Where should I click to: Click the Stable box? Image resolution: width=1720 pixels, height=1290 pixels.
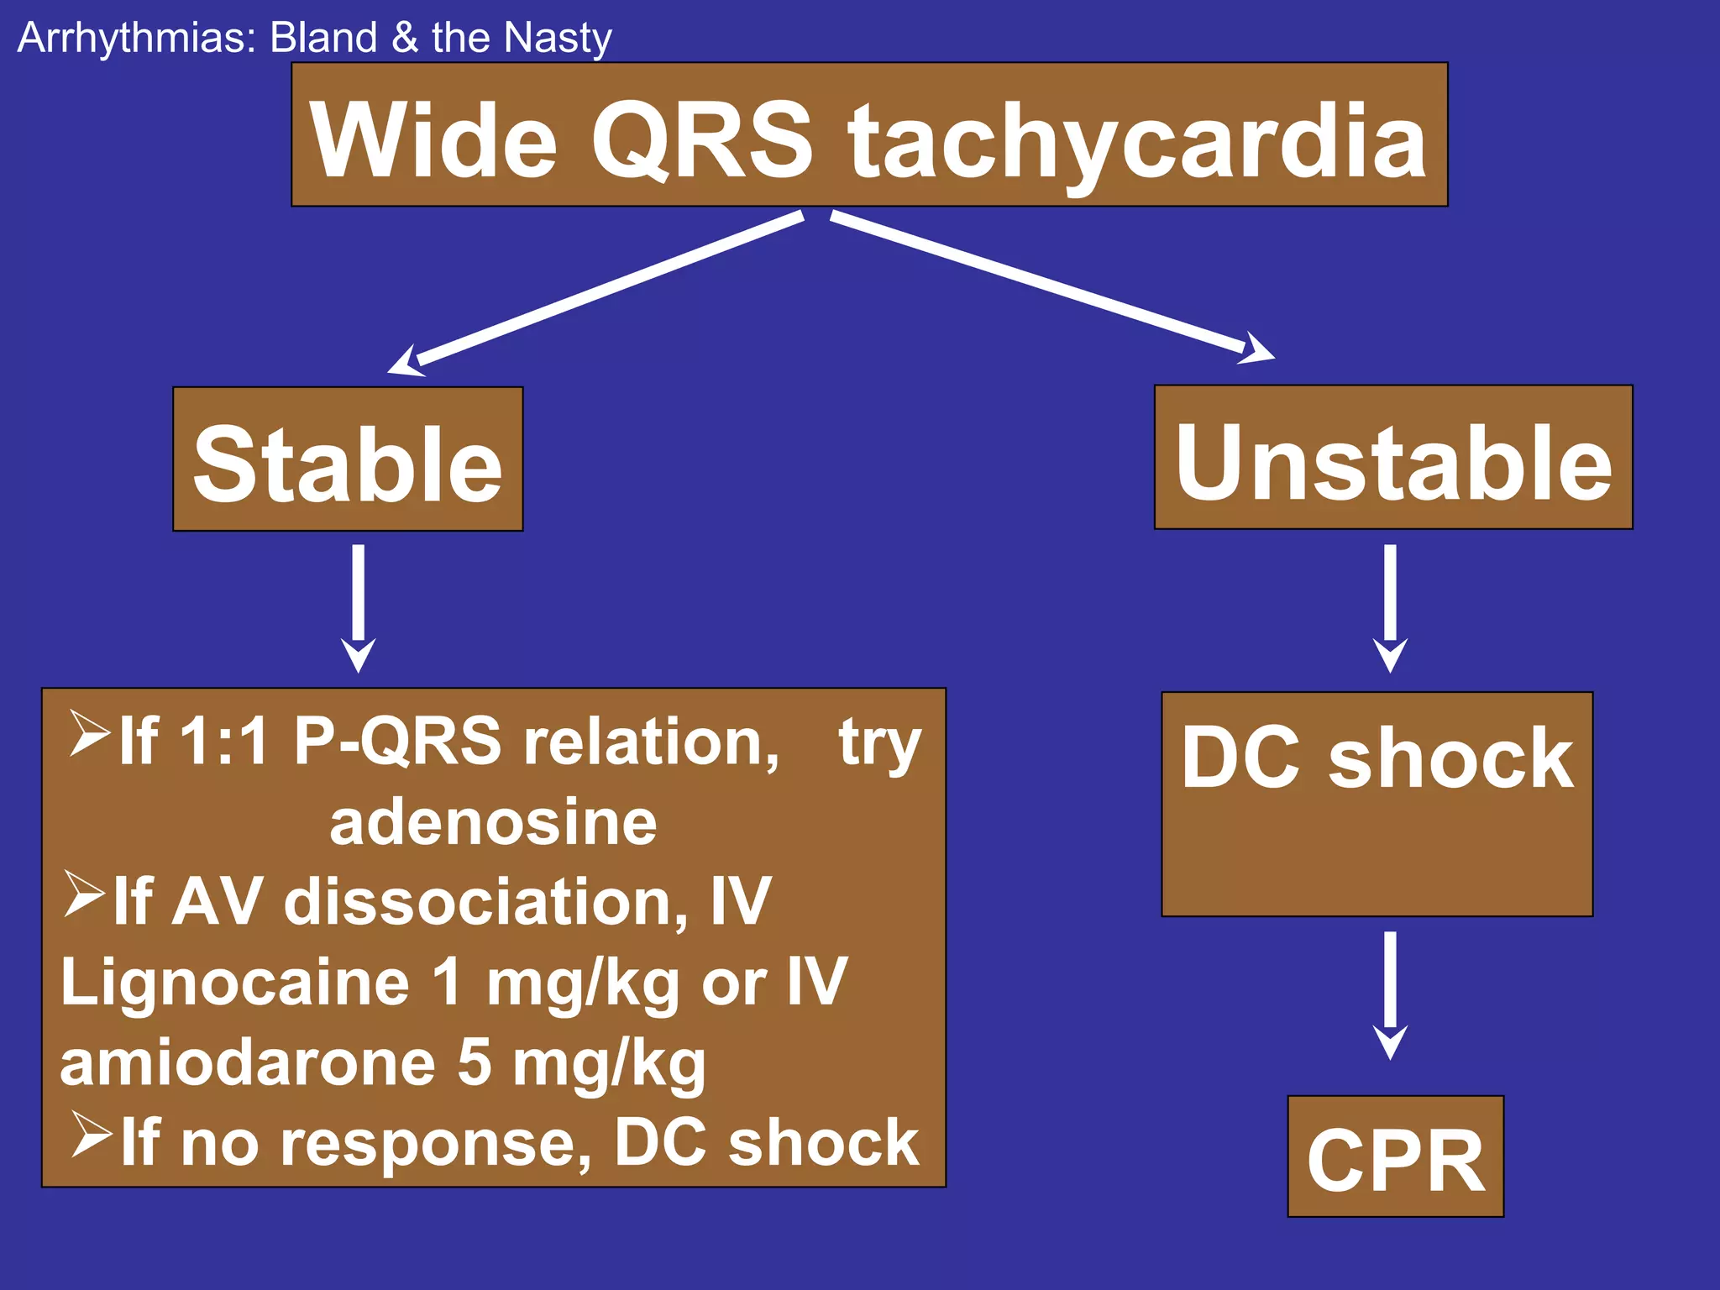tap(348, 459)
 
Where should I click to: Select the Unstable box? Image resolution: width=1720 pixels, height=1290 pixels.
tap(1393, 458)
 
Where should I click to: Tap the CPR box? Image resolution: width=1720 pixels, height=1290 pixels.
tap(1395, 1156)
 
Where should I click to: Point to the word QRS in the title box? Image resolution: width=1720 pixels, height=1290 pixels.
tap(702, 141)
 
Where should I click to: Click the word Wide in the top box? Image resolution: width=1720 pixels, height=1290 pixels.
tap(433, 141)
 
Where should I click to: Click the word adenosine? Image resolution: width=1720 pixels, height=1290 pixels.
tap(493, 822)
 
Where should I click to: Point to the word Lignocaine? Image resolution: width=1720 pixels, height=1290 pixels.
tap(235, 982)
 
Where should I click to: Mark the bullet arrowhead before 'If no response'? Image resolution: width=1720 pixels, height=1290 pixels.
tap(91, 1134)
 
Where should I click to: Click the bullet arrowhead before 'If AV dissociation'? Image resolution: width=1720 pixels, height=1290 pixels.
tap(84, 894)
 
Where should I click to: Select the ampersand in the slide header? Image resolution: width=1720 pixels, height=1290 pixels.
tap(404, 39)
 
